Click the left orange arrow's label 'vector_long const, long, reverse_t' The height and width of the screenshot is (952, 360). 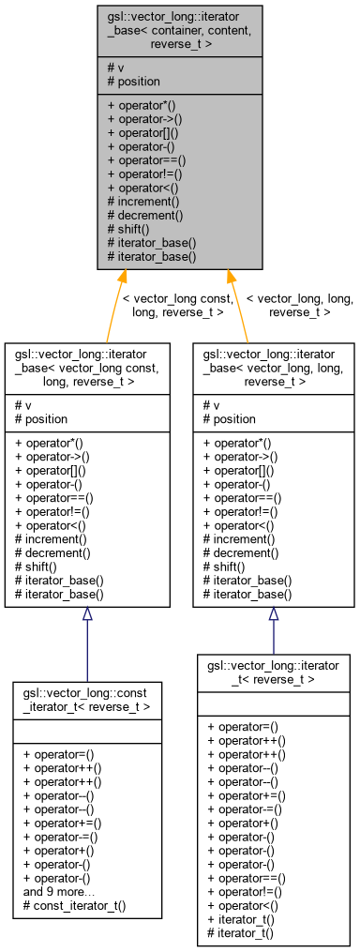(x=178, y=305)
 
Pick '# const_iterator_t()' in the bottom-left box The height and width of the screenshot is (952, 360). (x=74, y=906)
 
